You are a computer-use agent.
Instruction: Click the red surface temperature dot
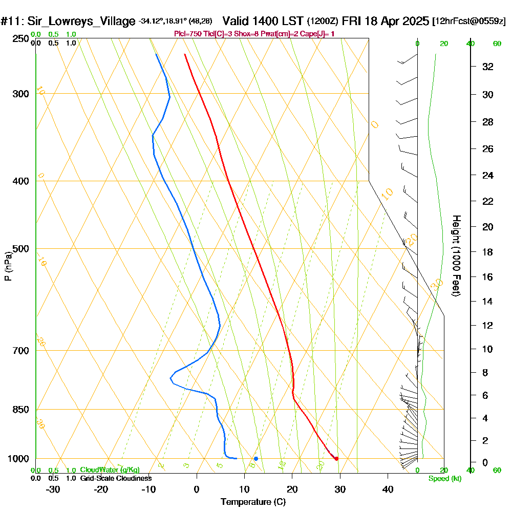(336, 458)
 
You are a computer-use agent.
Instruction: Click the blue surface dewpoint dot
(255, 458)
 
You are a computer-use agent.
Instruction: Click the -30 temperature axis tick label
(53, 489)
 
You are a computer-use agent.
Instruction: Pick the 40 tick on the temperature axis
(388, 489)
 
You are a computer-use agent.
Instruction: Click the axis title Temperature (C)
(253, 502)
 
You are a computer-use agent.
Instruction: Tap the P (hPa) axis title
(8, 266)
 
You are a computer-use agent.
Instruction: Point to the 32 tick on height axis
(487, 67)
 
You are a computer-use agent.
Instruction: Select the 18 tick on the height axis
(487, 252)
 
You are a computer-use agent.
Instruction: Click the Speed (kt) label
(445, 478)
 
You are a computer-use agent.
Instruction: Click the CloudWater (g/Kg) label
(110, 470)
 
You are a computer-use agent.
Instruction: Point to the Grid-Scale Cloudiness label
(116, 478)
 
